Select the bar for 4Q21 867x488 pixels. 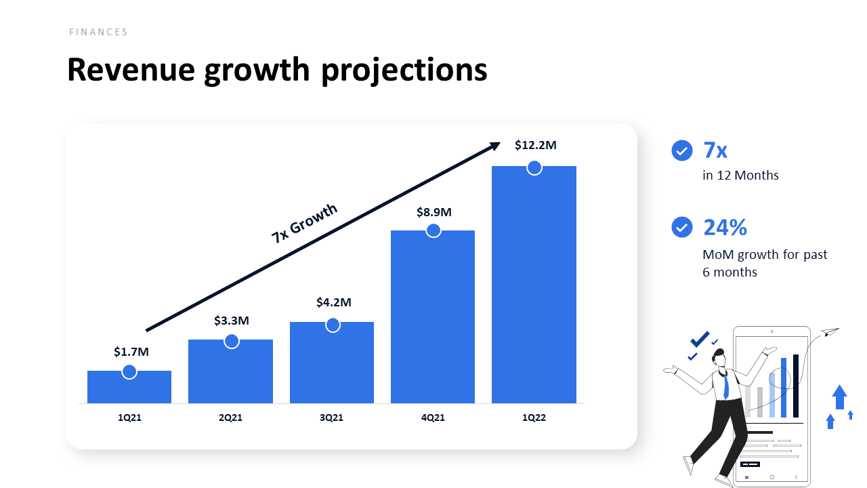click(433, 319)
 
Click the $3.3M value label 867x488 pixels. click(232, 321)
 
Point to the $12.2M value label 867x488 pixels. click(535, 145)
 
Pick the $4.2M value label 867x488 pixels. click(333, 302)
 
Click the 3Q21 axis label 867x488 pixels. click(332, 418)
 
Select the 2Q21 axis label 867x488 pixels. click(230, 418)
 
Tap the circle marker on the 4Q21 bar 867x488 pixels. click(433, 230)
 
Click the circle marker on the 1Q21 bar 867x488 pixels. click(129, 371)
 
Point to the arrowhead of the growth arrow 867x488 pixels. click(495, 145)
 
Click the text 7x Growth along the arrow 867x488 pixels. click(304, 224)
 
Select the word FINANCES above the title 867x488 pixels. click(98, 32)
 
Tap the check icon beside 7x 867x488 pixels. click(682, 150)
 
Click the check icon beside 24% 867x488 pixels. click(682, 228)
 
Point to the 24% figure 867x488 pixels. click(725, 228)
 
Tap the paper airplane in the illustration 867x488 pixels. click(830, 331)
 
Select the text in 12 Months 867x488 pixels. click(740, 176)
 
